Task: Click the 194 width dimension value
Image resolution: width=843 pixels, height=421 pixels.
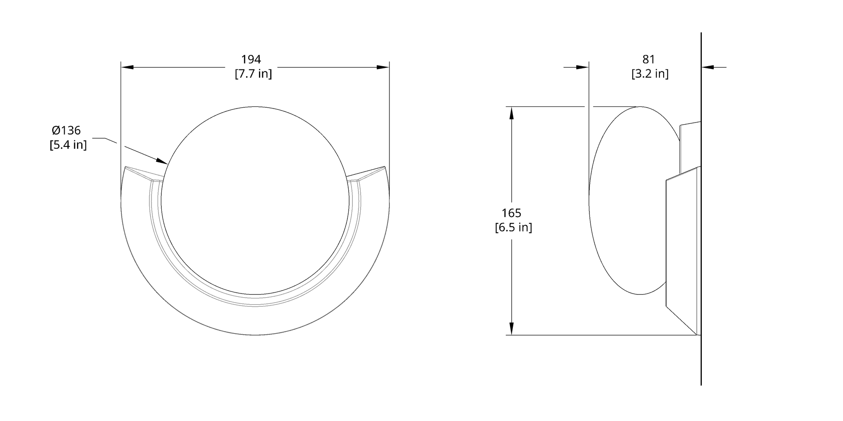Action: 251,60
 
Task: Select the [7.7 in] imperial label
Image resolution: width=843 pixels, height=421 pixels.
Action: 253,74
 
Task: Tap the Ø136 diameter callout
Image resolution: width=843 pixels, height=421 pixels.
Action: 66,130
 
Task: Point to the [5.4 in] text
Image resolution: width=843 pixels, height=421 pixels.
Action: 68,145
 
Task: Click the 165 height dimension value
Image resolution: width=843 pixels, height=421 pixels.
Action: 511,213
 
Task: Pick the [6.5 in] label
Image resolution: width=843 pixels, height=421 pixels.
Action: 513,227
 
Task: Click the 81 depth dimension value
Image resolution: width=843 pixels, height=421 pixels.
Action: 648,60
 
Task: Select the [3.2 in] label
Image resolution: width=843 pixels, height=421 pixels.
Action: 650,74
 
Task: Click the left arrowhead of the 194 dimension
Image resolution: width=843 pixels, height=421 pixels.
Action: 127,67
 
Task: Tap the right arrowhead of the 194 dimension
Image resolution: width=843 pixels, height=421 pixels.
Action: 384,67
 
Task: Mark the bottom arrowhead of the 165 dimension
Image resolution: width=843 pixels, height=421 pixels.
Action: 511,329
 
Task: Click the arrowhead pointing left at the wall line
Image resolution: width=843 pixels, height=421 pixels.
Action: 708,67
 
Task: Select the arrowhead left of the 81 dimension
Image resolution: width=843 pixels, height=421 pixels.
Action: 583,67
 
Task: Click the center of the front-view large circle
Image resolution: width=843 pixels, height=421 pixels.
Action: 255,201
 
